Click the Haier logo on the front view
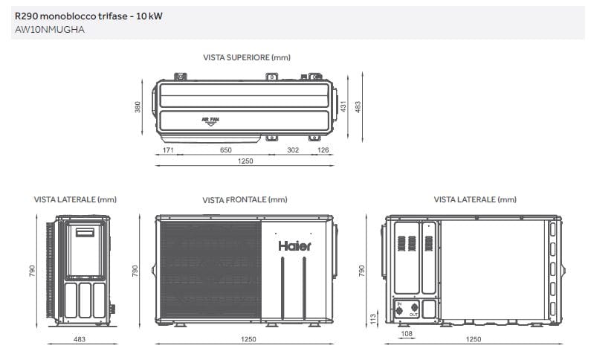pyautogui.click(x=295, y=245)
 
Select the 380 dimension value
pyautogui.click(x=138, y=108)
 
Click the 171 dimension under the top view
pyautogui.click(x=168, y=150)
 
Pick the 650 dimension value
pyautogui.click(x=225, y=150)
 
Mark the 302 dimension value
pyautogui.click(x=293, y=150)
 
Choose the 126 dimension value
pyautogui.click(x=323, y=150)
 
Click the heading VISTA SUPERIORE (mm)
pyautogui.click(x=246, y=57)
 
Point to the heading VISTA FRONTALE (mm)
pyautogui.click(x=245, y=200)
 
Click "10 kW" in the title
pyautogui.click(x=149, y=16)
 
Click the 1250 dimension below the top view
pyautogui.click(x=245, y=161)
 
